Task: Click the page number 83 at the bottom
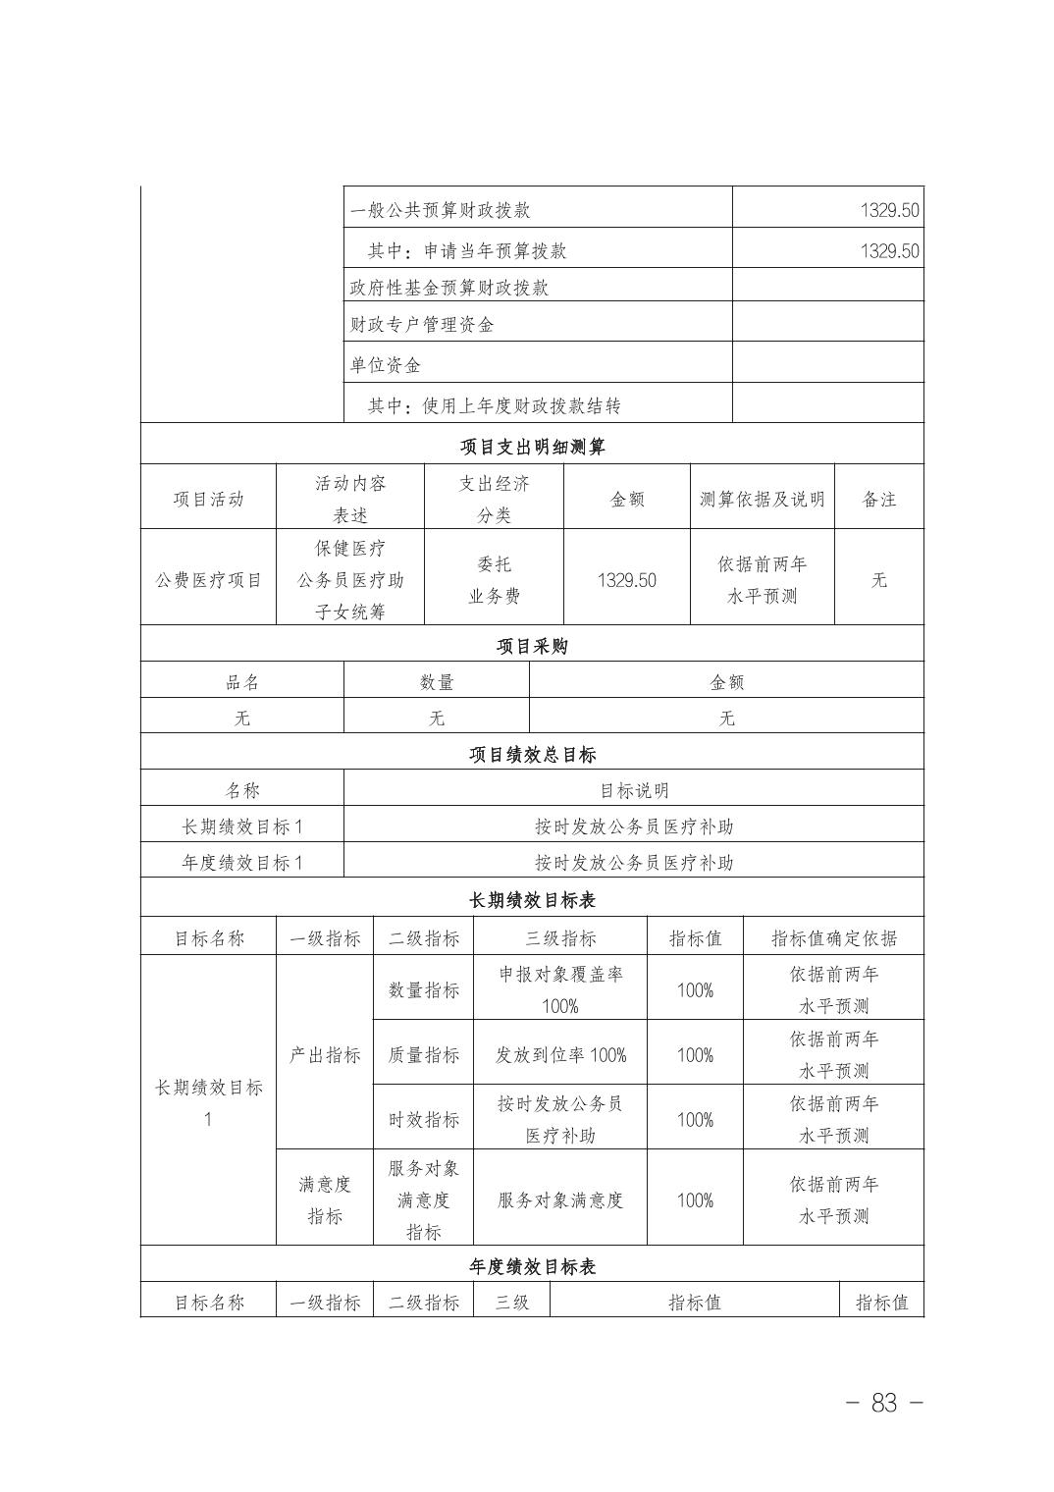click(x=883, y=1403)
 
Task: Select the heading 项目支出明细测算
click(x=532, y=447)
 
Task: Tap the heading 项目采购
click(x=532, y=646)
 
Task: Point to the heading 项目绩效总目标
click(x=532, y=754)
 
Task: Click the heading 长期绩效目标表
click(x=532, y=900)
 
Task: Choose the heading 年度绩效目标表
click(x=532, y=1266)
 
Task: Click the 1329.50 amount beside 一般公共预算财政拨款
click(x=889, y=210)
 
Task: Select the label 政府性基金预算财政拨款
click(x=449, y=288)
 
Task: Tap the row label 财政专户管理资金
click(x=422, y=324)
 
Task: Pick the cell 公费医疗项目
click(x=209, y=580)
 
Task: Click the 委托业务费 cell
click(x=494, y=580)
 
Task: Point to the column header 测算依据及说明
click(x=762, y=499)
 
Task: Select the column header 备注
click(x=878, y=499)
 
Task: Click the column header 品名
click(x=242, y=682)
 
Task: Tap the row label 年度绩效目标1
click(x=242, y=862)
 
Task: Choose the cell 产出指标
click(x=325, y=1055)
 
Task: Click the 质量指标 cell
click(x=423, y=1055)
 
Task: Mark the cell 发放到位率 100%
click(x=560, y=1055)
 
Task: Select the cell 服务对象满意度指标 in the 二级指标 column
click(x=423, y=1199)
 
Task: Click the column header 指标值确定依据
click(x=833, y=937)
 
